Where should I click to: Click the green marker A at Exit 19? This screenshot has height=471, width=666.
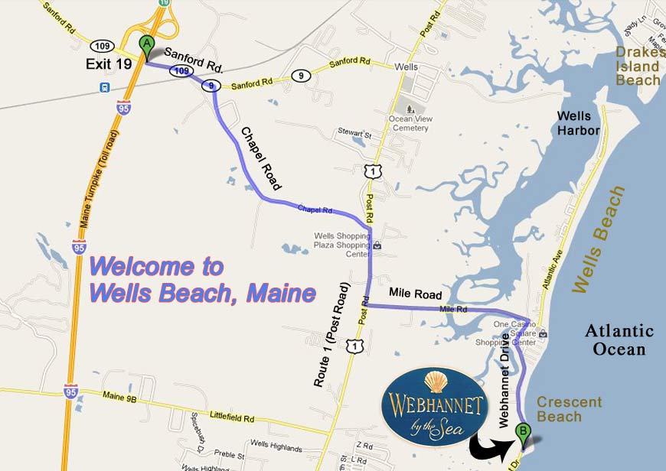pos(146,45)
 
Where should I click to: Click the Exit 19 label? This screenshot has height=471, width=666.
pos(109,64)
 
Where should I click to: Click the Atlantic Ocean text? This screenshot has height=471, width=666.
pos(619,340)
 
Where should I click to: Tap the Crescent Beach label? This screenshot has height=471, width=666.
pos(569,409)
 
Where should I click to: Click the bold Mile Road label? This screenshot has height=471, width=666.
pos(416,292)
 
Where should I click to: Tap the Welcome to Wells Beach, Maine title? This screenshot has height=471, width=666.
pos(202,279)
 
